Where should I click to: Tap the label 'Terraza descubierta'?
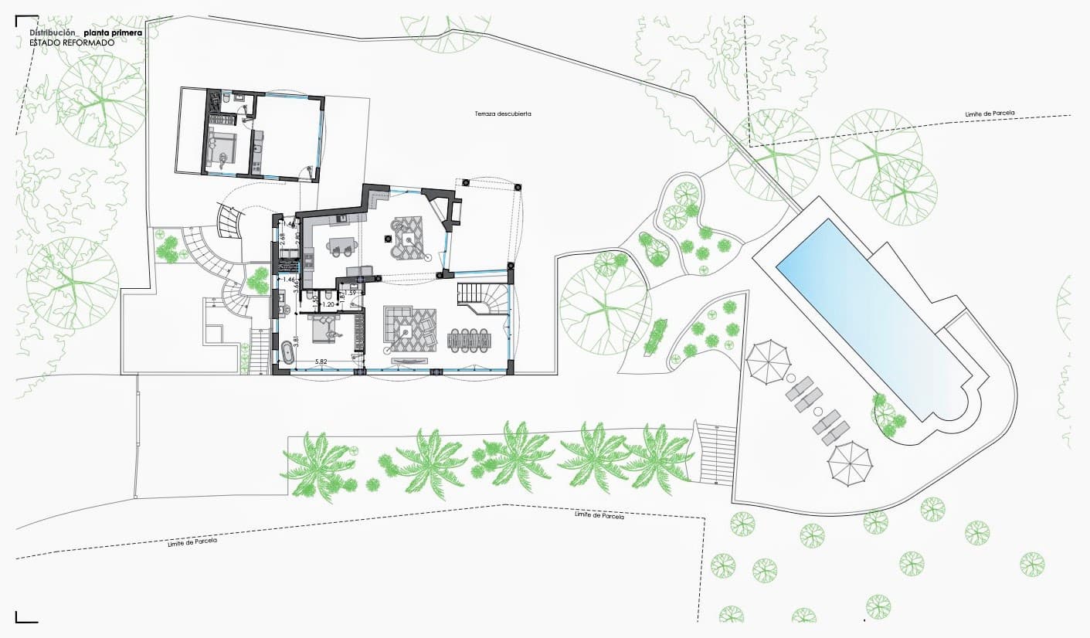tap(503, 114)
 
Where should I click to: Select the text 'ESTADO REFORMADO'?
tap(72, 43)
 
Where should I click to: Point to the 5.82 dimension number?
tap(322, 361)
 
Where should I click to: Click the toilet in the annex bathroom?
tap(223, 100)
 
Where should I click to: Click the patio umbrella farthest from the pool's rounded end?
tap(768, 358)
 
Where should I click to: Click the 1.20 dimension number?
tap(328, 306)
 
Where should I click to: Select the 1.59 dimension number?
tap(350, 294)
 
